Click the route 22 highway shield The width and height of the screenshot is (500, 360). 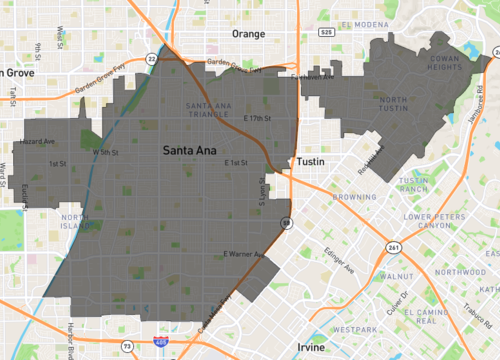pyautogui.click(x=151, y=60)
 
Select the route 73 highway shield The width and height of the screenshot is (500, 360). pyautogui.click(x=126, y=345)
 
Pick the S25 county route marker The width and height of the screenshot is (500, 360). pyautogui.click(x=327, y=32)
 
